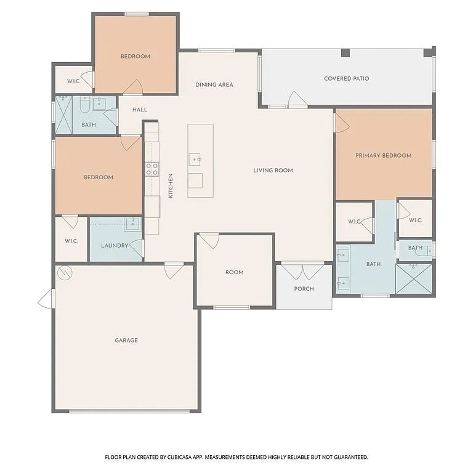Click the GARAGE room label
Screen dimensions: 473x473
pyautogui.click(x=126, y=340)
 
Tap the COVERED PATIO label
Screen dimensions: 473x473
pyautogui.click(x=346, y=78)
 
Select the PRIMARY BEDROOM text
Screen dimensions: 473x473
pyautogui.click(x=383, y=156)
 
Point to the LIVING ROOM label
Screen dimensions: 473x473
pyautogui.click(x=273, y=171)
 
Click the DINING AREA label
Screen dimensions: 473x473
pyautogui.click(x=214, y=85)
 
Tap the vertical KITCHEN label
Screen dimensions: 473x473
pyautogui.click(x=171, y=185)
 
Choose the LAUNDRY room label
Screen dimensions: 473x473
pyautogui.click(x=115, y=246)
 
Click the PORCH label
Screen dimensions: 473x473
pyautogui.click(x=304, y=289)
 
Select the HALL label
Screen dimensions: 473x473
pyautogui.click(x=140, y=110)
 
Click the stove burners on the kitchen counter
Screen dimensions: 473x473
pyautogui.click(x=152, y=169)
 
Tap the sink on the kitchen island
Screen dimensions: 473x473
pyautogui.click(x=195, y=159)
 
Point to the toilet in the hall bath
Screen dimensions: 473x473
pyautogui.click(x=85, y=104)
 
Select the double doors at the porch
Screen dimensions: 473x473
pyautogui.click(x=302, y=271)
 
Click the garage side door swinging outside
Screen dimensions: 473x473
pyautogui.click(x=46, y=299)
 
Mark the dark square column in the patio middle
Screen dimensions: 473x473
pyautogui.click(x=346, y=53)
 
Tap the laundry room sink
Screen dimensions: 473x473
pyautogui.click(x=132, y=224)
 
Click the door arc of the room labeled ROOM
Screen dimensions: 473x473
pyautogui.click(x=209, y=241)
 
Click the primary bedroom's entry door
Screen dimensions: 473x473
pyautogui.click(x=342, y=123)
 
